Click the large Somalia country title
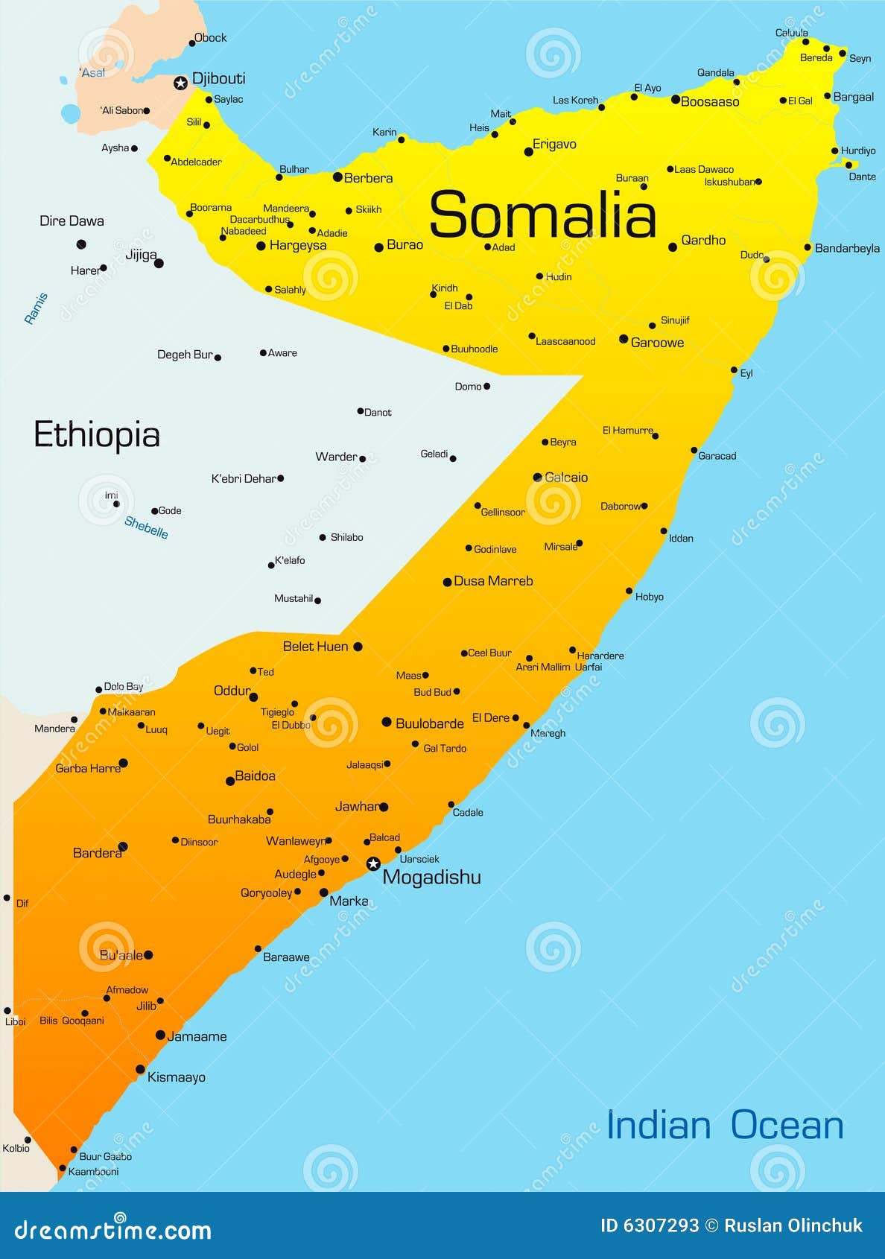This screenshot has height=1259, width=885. (542, 215)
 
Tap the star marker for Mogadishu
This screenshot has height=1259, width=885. (373, 863)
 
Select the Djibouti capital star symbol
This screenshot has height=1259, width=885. (180, 83)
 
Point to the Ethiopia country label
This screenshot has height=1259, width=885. (97, 435)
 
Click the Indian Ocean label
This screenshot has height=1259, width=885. (725, 1125)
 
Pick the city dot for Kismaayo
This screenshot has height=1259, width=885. (140, 1070)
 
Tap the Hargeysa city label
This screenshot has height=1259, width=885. (298, 245)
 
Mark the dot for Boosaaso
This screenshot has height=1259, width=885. (675, 99)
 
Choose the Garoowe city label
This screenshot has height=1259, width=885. (657, 343)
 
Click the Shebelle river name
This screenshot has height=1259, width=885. (146, 527)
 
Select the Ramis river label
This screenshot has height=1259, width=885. (36, 308)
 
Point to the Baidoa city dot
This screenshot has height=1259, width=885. (230, 781)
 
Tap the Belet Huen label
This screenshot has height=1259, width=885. (315, 647)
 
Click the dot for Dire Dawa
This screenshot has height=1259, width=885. (81, 244)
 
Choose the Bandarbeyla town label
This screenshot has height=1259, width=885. (847, 248)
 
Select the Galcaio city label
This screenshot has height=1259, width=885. (566, 478)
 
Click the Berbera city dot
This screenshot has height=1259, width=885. (337, 177)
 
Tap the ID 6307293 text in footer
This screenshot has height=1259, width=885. (650, 1225)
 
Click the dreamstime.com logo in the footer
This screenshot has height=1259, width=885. (112, 1230)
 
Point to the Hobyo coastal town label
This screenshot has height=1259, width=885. (649, 597)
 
